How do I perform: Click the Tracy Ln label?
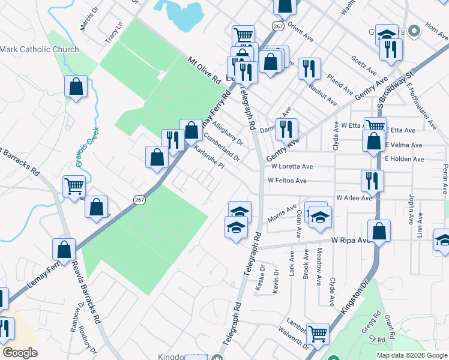pos(113,32)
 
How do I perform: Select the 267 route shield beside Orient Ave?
pos(277,26)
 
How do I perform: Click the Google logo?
pos(20,353)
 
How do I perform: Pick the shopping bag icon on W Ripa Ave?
pos(379,230)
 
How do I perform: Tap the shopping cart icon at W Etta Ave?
pos(375,127)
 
